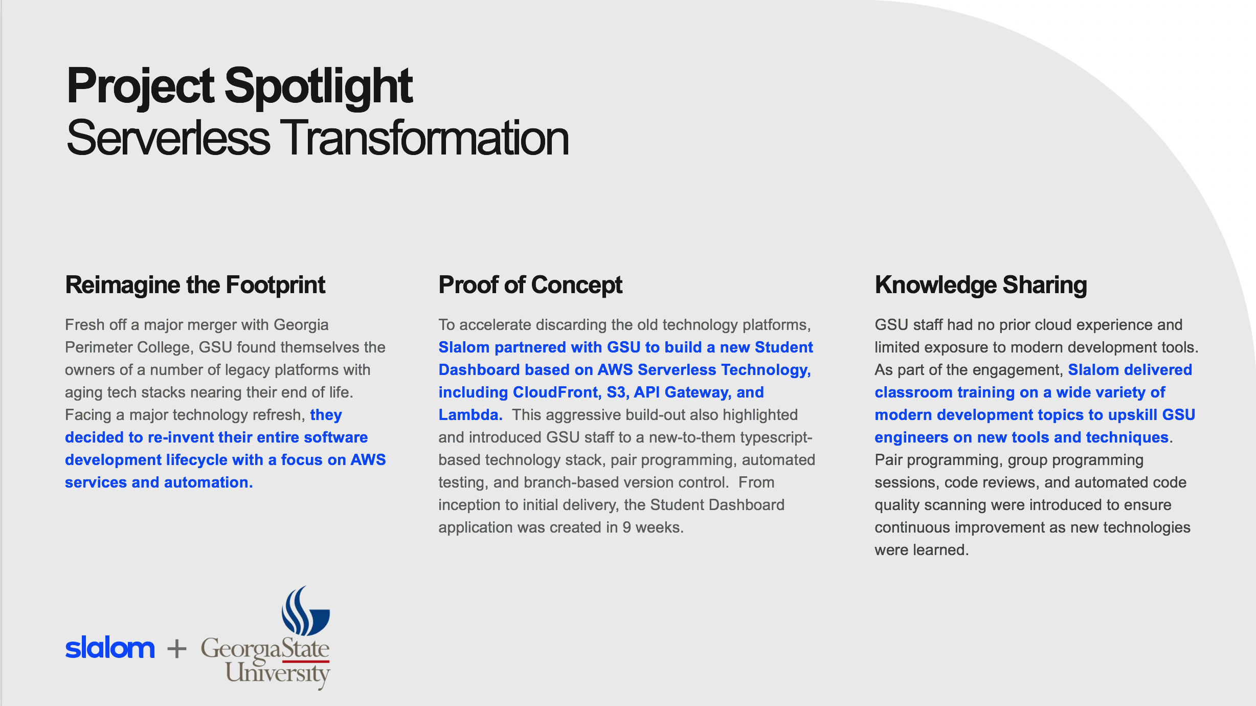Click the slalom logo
click(x=110, y=648)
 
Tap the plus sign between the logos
click(x=177, y=649)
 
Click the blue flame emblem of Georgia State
click(x=305, y=610)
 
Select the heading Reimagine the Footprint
click(x=195, y=285)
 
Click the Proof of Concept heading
click(x=530, y=285)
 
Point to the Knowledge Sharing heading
click(x=981, y=285)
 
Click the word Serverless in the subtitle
click(x=168, y=138)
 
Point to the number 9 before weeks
click(x=626, y=527)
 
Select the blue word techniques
click(x=1127, y=438)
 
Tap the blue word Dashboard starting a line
click(x=479, y=370)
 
